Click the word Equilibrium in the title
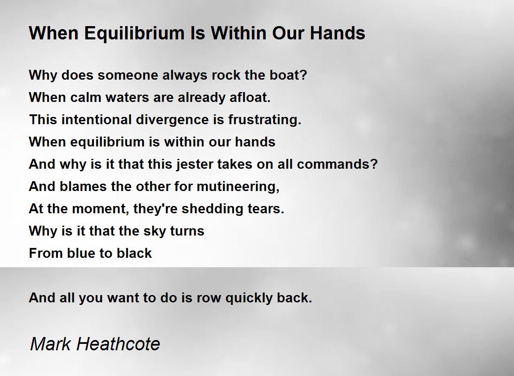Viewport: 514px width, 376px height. tap(134, 34)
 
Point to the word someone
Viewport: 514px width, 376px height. tap(128, 75)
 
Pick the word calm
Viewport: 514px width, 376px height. tap(86, 97)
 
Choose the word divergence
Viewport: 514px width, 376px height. tap(172, 120)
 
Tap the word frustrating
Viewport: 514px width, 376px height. tap(265, 120)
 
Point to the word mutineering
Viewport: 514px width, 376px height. tap(238, 187)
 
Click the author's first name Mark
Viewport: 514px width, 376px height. tap(50, 344)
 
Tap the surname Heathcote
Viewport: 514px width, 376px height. tap(118, 344)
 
